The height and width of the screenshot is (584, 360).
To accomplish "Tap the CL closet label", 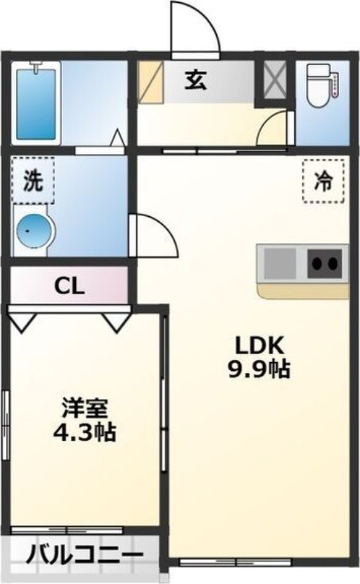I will point(69,285).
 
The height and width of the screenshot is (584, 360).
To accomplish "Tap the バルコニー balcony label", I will point(85,557).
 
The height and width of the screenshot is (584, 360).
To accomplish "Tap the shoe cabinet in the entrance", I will point(150,80).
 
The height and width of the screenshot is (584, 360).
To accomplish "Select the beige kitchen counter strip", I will point(302,291).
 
